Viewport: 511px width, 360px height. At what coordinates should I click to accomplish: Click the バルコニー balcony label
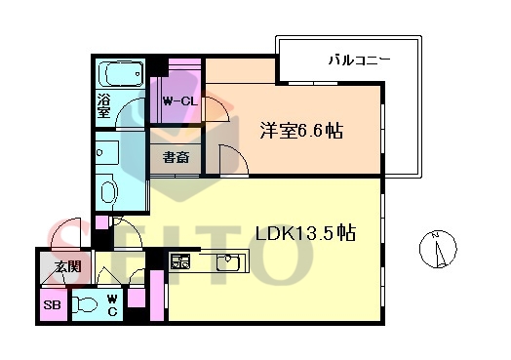tap(359, 60)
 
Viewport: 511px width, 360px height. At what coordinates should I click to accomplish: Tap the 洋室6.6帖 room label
tap(301, 131)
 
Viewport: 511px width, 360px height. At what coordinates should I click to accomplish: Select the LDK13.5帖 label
tap(305, 233)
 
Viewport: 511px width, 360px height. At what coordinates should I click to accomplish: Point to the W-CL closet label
tap(180, 101)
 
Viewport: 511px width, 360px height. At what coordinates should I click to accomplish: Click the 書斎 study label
tap(176, 157)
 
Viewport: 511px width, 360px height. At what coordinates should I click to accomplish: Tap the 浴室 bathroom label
tap(103, 105)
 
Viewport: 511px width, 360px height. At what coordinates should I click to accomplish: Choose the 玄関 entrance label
tap(68, 266)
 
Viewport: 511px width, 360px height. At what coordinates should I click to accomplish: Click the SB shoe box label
tap(52, 305)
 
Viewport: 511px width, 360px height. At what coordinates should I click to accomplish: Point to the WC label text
tap(112, 305)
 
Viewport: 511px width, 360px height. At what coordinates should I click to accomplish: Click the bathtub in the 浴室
tap(121, 73)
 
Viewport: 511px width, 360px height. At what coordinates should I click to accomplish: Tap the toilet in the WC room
tap(85, 305)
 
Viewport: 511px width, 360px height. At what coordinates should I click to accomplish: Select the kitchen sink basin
tap(228, 262)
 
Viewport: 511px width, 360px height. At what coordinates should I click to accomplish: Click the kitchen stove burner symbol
tap(180, 260)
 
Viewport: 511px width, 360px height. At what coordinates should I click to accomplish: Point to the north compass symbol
tap(437, 249)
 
